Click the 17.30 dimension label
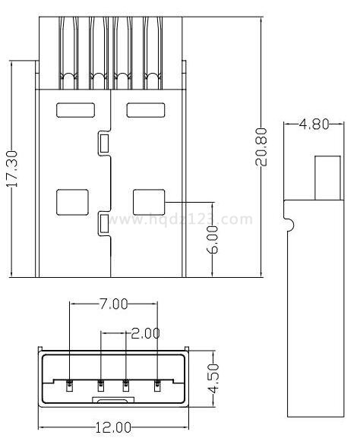coord(12,169)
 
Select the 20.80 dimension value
coord(261,147)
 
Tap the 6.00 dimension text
coord(213,240)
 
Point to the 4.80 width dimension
coord(314,124)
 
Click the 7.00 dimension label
coord(112,304)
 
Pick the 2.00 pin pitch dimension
coord(145,333)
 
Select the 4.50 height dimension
coord(214,378)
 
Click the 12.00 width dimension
coord(113,427)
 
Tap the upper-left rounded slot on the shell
coord(75,110)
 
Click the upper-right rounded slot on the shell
coord(146,110)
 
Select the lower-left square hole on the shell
coord(72,202)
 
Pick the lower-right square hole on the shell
coord(149,202)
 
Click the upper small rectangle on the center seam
coord(104,143)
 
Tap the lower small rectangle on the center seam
coord(104,223)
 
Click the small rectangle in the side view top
coord(328,178)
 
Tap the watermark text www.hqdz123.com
coord(180,219)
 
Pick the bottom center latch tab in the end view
coord(113,399)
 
